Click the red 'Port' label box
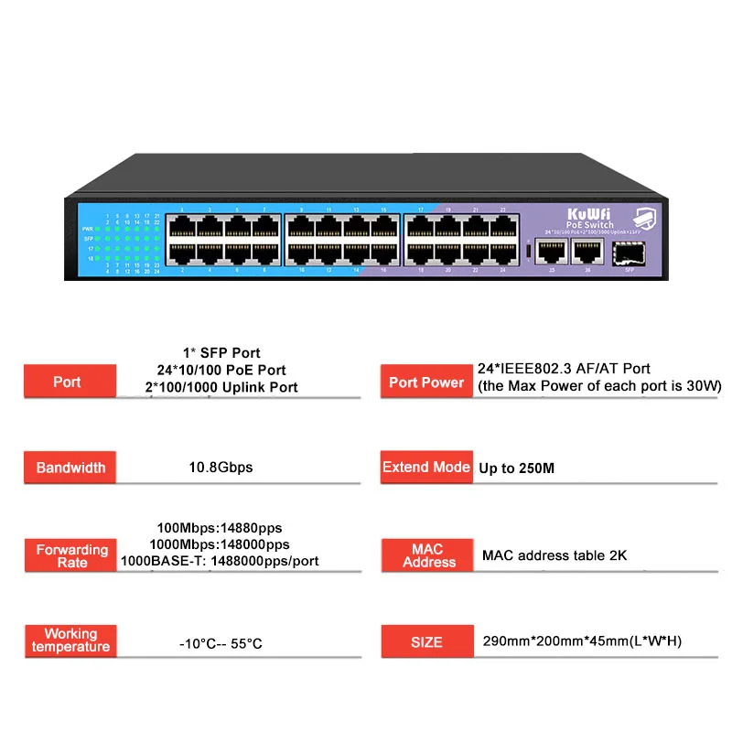coord(67,382)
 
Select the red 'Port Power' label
coord(425,382)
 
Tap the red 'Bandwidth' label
coord(70,468)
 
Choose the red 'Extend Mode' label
coord(425,467)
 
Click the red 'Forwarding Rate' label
coord(71,555)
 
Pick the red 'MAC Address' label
coord(427,555)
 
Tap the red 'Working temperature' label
coord(70,640)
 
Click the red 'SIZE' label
coord(426,641)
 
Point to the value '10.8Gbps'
coord(221,468)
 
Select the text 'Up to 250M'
coord(517,468)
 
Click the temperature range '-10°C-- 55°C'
coord(221,643)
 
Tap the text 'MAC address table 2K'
coord(554,555)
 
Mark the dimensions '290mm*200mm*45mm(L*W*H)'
coord(582,641)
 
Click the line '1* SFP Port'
coord(221,352)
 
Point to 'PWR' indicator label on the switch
coord(88,228)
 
